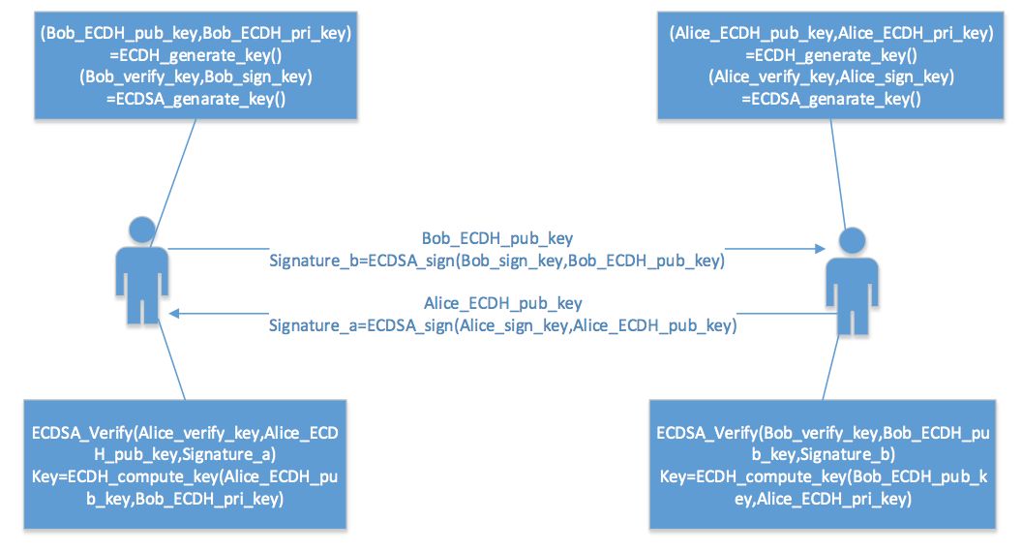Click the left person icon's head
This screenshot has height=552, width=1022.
pyautogui.click(x=140, y=229)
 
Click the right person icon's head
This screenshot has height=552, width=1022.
pyautogui.click(x=851, y=241)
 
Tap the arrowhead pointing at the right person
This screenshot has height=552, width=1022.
pyautogui.click(x=810, y=249)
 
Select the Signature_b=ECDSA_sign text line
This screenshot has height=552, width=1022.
pyautogui.click(x=496, y=260)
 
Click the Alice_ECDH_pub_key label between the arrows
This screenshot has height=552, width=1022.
pyautogui.click(x=503, y=303)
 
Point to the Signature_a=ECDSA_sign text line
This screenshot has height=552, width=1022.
pyautogui.click(x=502, y=326)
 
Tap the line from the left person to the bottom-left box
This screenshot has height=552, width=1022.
pyautogui.click(x=171, y=358)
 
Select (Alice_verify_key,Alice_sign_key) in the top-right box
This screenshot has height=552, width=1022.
pyautogui.click(x=831, y=77)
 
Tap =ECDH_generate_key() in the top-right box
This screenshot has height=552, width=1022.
pyautogui.click(x=831, y=55)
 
